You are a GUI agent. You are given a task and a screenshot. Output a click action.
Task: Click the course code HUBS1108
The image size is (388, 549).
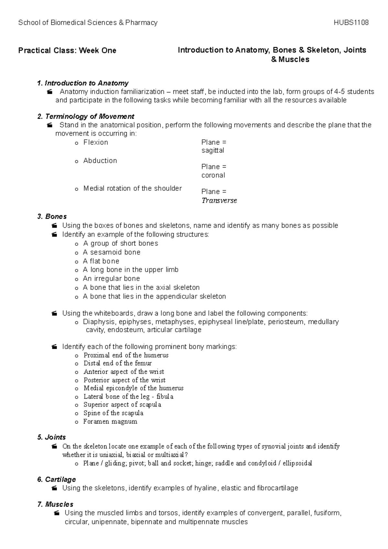tap(352, 23)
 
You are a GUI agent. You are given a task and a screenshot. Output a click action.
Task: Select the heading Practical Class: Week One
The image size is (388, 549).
tap(67, 50)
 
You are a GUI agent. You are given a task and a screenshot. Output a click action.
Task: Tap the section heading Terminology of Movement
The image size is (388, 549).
tap(90, 116)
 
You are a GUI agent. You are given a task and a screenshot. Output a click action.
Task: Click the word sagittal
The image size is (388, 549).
tap(212, 151)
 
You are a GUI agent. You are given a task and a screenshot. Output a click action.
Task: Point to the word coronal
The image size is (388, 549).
tap(213, 175)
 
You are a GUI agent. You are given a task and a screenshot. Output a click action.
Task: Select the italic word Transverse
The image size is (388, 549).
tap(219, 200)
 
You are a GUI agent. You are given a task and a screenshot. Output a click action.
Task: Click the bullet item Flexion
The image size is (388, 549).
tap(96, 142)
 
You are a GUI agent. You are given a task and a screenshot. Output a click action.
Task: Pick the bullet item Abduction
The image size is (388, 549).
tap(100, 161)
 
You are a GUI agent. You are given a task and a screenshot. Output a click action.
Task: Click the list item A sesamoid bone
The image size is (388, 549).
tap(112, 252)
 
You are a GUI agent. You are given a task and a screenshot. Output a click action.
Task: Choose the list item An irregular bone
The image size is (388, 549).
tap(111, 278)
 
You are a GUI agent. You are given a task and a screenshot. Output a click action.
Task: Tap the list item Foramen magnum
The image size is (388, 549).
tap(110, 421)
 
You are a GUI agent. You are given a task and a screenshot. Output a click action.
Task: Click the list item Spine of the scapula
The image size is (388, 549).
tap(113, 413)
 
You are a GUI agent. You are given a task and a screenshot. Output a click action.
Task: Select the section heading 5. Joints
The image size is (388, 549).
tap(52, 437)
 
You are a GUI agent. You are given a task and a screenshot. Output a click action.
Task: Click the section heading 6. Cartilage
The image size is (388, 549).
tap(57, 479)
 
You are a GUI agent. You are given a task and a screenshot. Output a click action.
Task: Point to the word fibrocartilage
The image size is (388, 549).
tap(277, 488)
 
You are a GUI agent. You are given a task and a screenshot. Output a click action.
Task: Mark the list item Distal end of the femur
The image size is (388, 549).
tap(117, 363)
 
